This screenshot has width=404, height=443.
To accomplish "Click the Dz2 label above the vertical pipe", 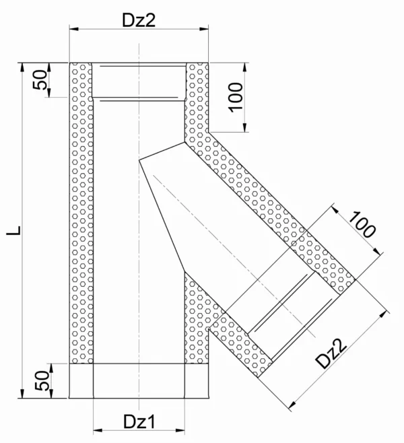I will tap(139, 20).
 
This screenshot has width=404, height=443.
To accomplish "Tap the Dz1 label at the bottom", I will tap(140, 421).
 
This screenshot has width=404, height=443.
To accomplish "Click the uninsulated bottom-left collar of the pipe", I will tap(81, 380).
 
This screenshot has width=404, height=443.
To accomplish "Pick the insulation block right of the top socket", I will tap(196, 94).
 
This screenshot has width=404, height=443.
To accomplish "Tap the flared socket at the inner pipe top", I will tap(139, 81).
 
